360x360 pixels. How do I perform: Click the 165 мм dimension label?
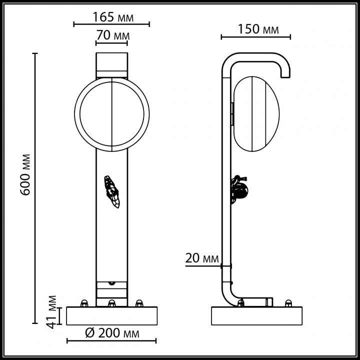pyautogui.click(x=112, y=17)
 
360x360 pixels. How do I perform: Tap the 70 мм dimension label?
pyautogui.click(x=112, y=36)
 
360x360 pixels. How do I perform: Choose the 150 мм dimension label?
pyautogui.click(x=255, y=29)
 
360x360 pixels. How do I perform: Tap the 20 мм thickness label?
pyautogui.click(x=202, y=258)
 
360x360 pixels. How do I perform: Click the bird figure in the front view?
pyautogui.click(x=112, y=191)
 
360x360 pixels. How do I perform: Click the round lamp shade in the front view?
pyautogui.click(x=112, y=113)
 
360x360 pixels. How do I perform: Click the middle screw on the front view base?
pyautogui.click(x=112, y=303)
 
